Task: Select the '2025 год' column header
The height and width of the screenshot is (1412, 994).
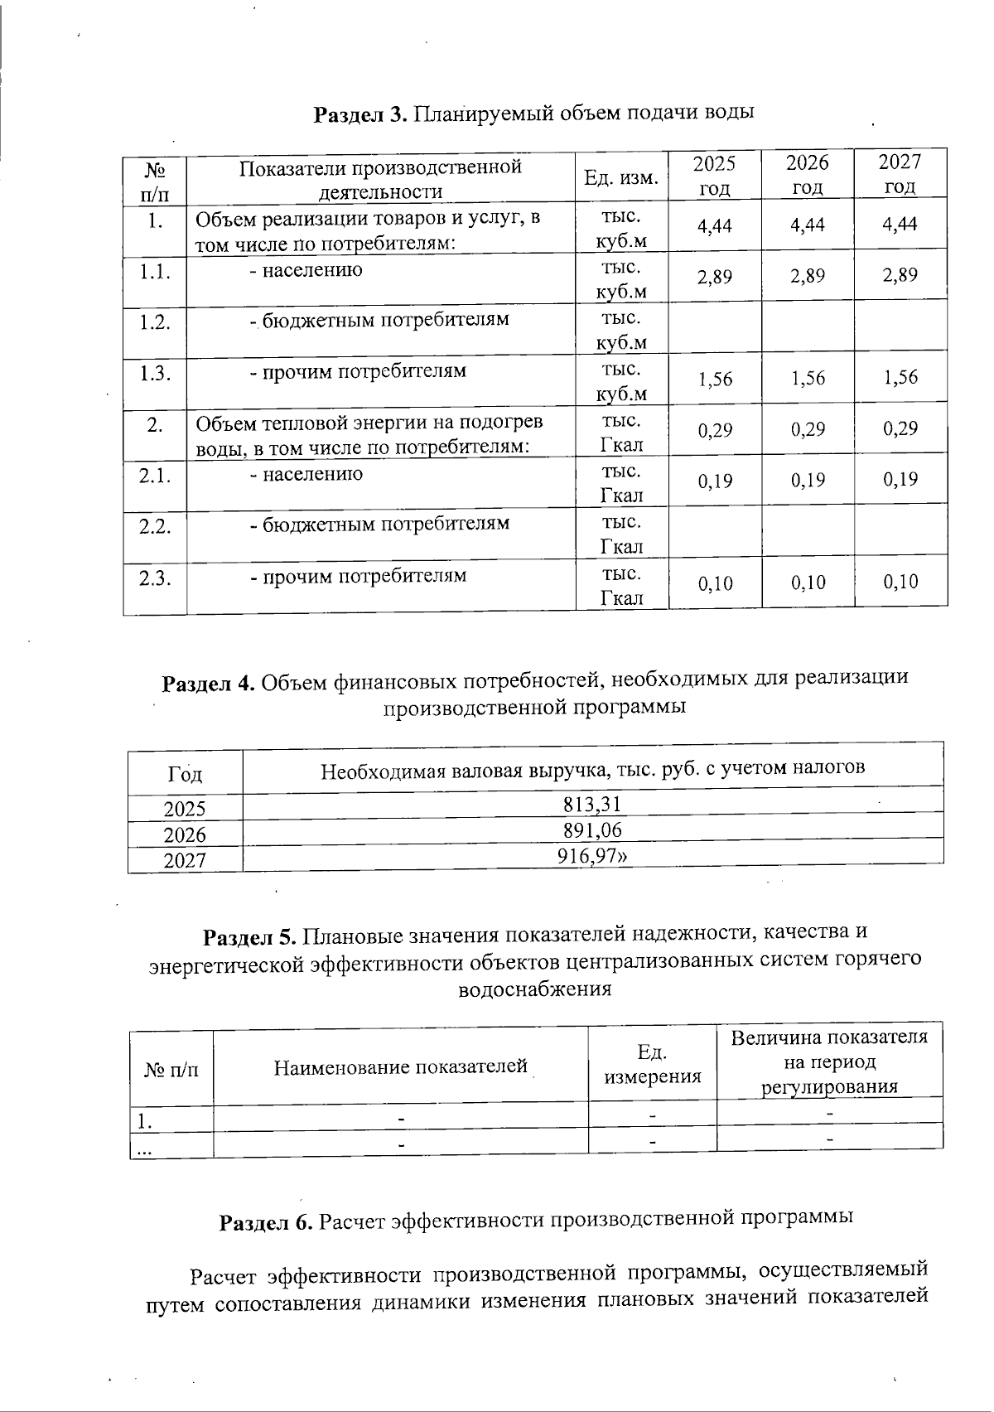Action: coord(714,175)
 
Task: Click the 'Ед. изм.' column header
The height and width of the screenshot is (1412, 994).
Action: coord(621,178)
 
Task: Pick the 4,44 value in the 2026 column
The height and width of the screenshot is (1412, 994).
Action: coord(808,225)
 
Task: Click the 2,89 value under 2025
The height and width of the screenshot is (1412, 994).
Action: coord(715,276)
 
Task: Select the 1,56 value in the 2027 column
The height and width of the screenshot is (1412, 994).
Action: coord(900,377)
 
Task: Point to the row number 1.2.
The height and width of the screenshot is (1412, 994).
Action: coord(155,322)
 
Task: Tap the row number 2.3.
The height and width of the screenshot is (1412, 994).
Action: coord(155,578)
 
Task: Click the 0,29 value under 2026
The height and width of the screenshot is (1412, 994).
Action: coord(808,429)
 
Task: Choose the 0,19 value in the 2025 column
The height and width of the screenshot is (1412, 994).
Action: coord(715,480)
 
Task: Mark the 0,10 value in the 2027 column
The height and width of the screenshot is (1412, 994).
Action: coord(900,582)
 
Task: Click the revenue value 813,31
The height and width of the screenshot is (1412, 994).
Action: coord(592,804)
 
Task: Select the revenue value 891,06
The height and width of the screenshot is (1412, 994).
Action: coord(592,830)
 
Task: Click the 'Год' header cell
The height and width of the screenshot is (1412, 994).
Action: coord(185,775)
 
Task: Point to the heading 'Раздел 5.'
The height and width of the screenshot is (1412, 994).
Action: coord(250,937)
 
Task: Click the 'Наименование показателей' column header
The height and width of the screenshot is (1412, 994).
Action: coord(401,1066)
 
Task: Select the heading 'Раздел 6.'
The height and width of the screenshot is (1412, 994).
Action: coord(266,1222)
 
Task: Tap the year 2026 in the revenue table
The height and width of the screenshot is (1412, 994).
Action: coord(185,834)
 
